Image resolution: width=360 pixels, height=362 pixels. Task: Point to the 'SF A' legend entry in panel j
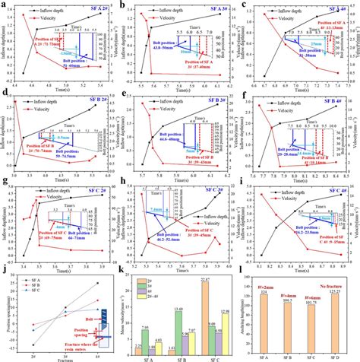pos(30,282)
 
